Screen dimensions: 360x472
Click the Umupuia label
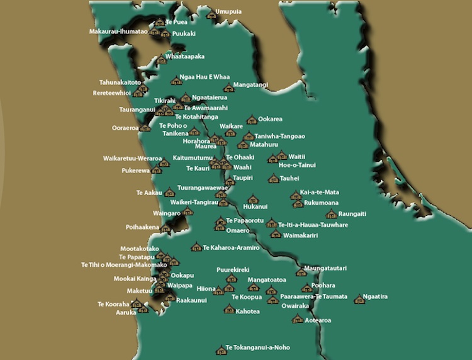(x=228, y=11)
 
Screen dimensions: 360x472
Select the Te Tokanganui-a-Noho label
(x=257, y=347)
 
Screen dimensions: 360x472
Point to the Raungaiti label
(x=352, y=214)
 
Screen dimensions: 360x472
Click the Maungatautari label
(x=325, y=269)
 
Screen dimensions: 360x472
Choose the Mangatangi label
(x=250, y=84)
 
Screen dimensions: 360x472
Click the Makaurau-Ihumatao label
(x=118, y=31)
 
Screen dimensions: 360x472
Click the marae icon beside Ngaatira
(x=359, y=299)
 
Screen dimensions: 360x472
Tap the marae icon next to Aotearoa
(x=297, y=319)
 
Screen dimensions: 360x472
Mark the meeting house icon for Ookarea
(x=252, y=119)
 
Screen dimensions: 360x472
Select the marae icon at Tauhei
(x=273, y=179)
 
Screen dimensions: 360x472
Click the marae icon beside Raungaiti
(x=331, y=215)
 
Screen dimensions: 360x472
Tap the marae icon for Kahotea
(x=229, y=309)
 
